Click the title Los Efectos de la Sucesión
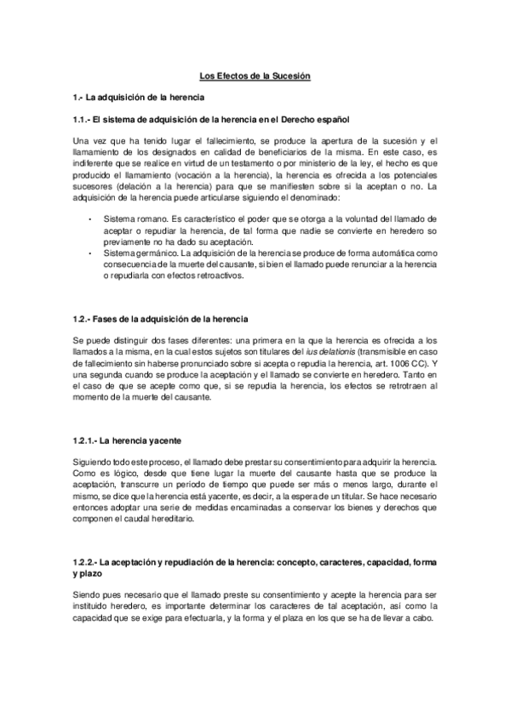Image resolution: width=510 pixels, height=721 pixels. [255, 76]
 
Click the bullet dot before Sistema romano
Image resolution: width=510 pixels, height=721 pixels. [91, 219]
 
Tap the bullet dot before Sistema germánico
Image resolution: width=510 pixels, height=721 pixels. [91, 253]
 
